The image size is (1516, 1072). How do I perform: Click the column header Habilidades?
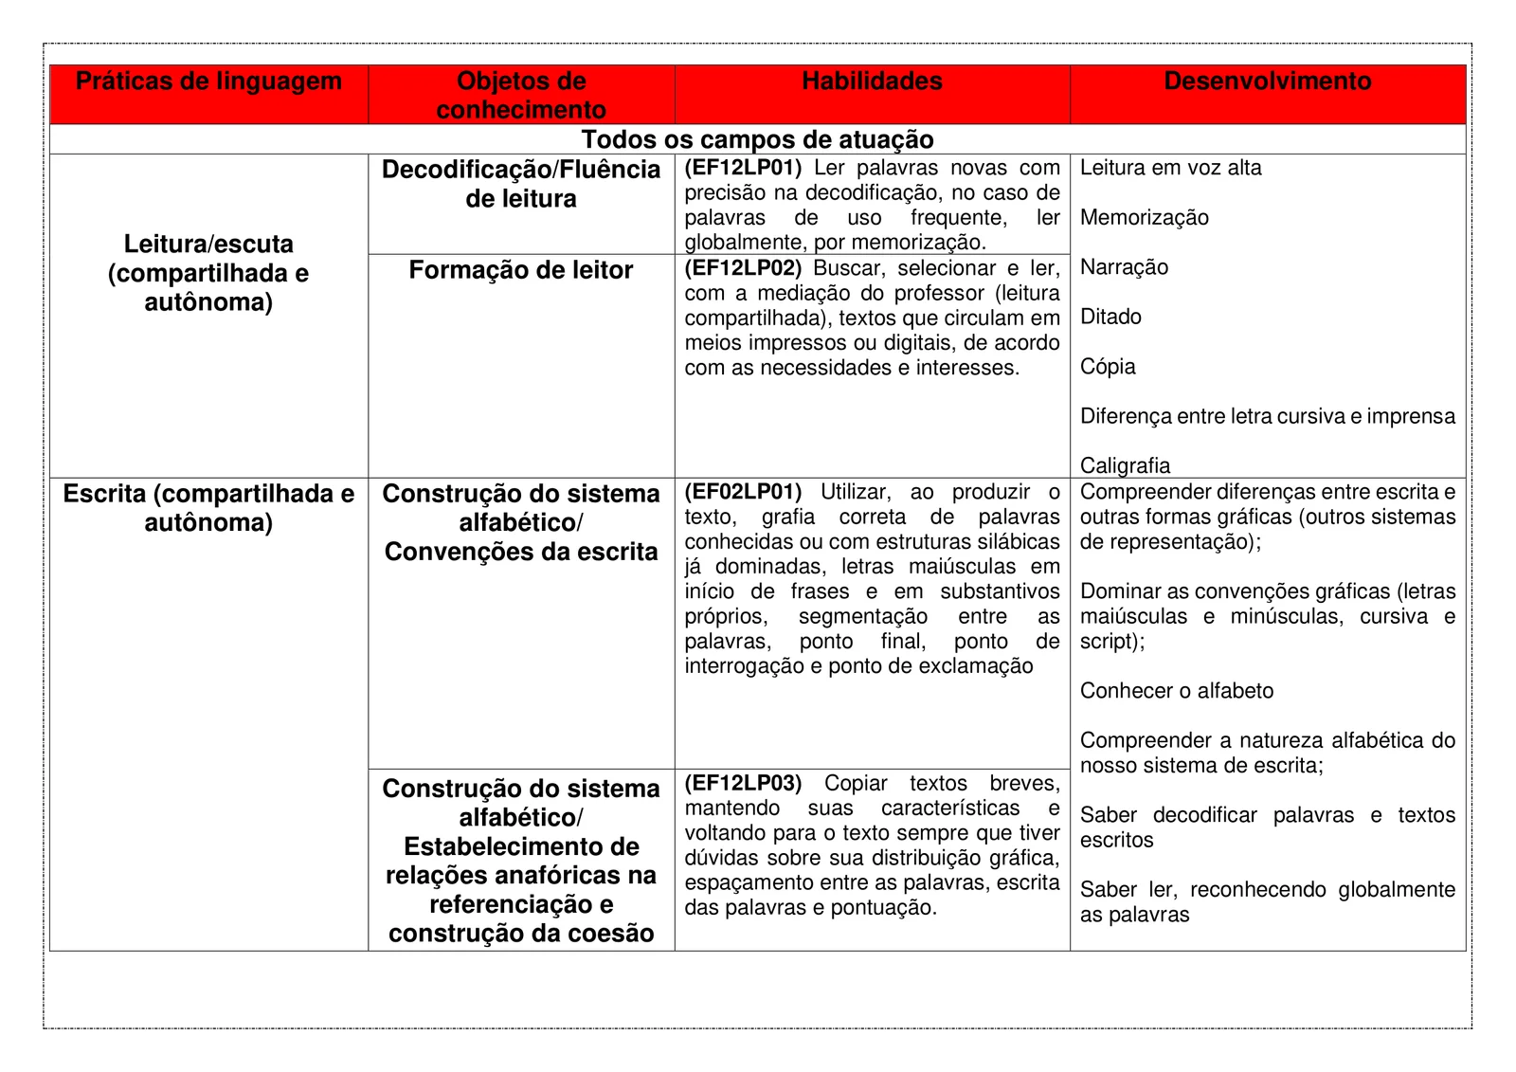click(872, 82)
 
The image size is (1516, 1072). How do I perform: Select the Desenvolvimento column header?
click(1267, 82)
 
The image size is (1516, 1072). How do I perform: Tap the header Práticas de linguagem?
click(208, 82)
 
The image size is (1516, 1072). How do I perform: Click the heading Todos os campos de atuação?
click(757, 139)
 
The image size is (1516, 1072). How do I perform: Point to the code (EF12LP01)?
click(743, 168)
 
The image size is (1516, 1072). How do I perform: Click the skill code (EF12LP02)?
click(743, 268)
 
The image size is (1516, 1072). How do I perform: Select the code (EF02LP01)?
click(743, 492)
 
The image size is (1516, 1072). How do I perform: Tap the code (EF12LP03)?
click(743, 783)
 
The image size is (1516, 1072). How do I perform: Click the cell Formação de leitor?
click(520, 270)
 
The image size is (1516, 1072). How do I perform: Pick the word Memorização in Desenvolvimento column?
click(1144, 218)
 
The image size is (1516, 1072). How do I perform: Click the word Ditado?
click(1110, 317)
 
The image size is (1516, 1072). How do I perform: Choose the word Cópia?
click(1108, 367)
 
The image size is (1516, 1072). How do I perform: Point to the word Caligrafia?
click(1125, 465)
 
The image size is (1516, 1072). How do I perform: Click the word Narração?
click(1124, 267)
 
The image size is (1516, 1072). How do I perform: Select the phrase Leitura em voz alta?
click(1170, 168)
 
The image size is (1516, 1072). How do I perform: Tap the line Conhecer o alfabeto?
click(1176, 691)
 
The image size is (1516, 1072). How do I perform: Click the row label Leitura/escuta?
click(208, 245)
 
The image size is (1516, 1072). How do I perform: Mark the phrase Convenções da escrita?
click(520, 552)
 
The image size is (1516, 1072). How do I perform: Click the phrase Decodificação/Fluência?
click(520, 170)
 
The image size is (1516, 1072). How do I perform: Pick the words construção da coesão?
click(520, 934)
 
